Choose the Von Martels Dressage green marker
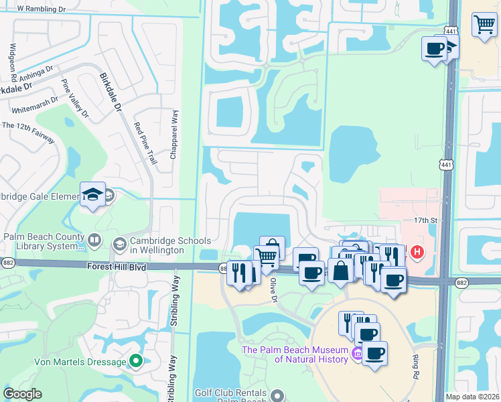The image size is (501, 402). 136,362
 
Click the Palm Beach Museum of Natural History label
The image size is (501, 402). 295,354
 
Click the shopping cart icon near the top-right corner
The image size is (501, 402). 484,25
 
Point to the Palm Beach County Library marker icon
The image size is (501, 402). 94,239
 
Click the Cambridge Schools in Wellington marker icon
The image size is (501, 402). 121,243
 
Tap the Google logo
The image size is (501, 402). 23,394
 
